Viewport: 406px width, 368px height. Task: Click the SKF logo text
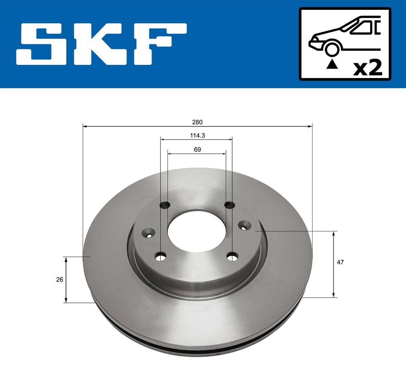[101, 44]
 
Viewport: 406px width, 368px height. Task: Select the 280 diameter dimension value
[197, 122]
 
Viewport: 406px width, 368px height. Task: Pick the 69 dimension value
[197, 149]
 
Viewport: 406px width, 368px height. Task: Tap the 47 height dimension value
[340, 262]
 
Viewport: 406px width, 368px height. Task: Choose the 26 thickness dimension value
[60, 279]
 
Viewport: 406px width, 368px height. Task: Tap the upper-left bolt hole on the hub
[165, 204]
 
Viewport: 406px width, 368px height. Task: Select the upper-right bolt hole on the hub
[229, 204]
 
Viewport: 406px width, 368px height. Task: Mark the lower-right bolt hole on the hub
[232, 257]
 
